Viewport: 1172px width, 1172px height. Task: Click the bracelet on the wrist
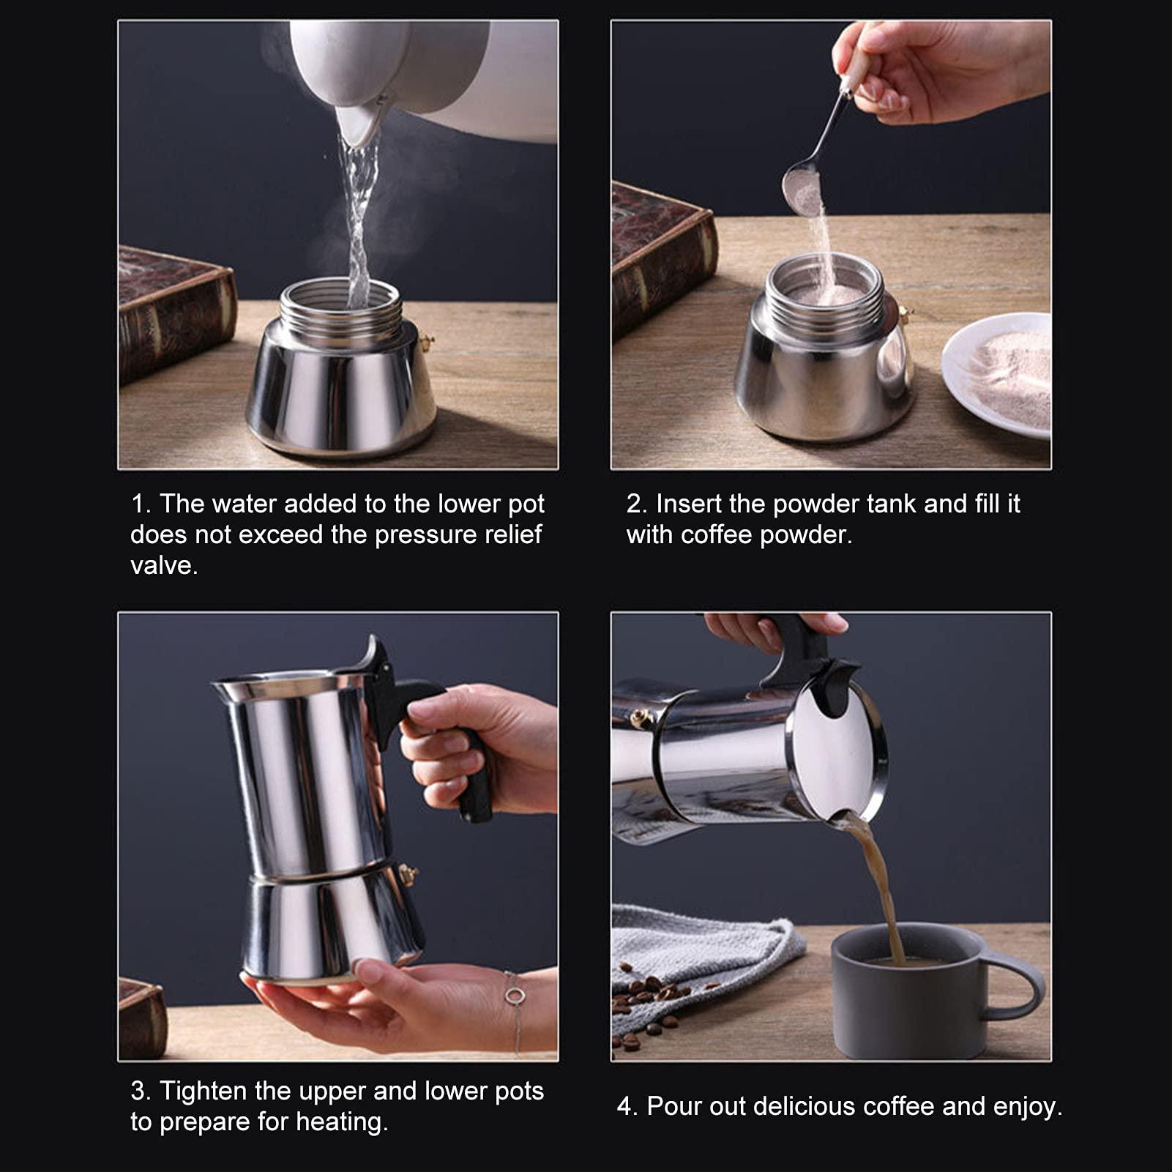coord(515,997)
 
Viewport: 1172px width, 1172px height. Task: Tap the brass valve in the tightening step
coord(407,873)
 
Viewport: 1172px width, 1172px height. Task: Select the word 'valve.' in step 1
coord(164,566)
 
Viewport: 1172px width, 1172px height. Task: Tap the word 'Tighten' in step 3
coord(204,1091)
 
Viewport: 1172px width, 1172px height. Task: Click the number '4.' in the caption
coord(627,1106)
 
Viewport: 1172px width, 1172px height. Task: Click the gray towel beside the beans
coord(695,944)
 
